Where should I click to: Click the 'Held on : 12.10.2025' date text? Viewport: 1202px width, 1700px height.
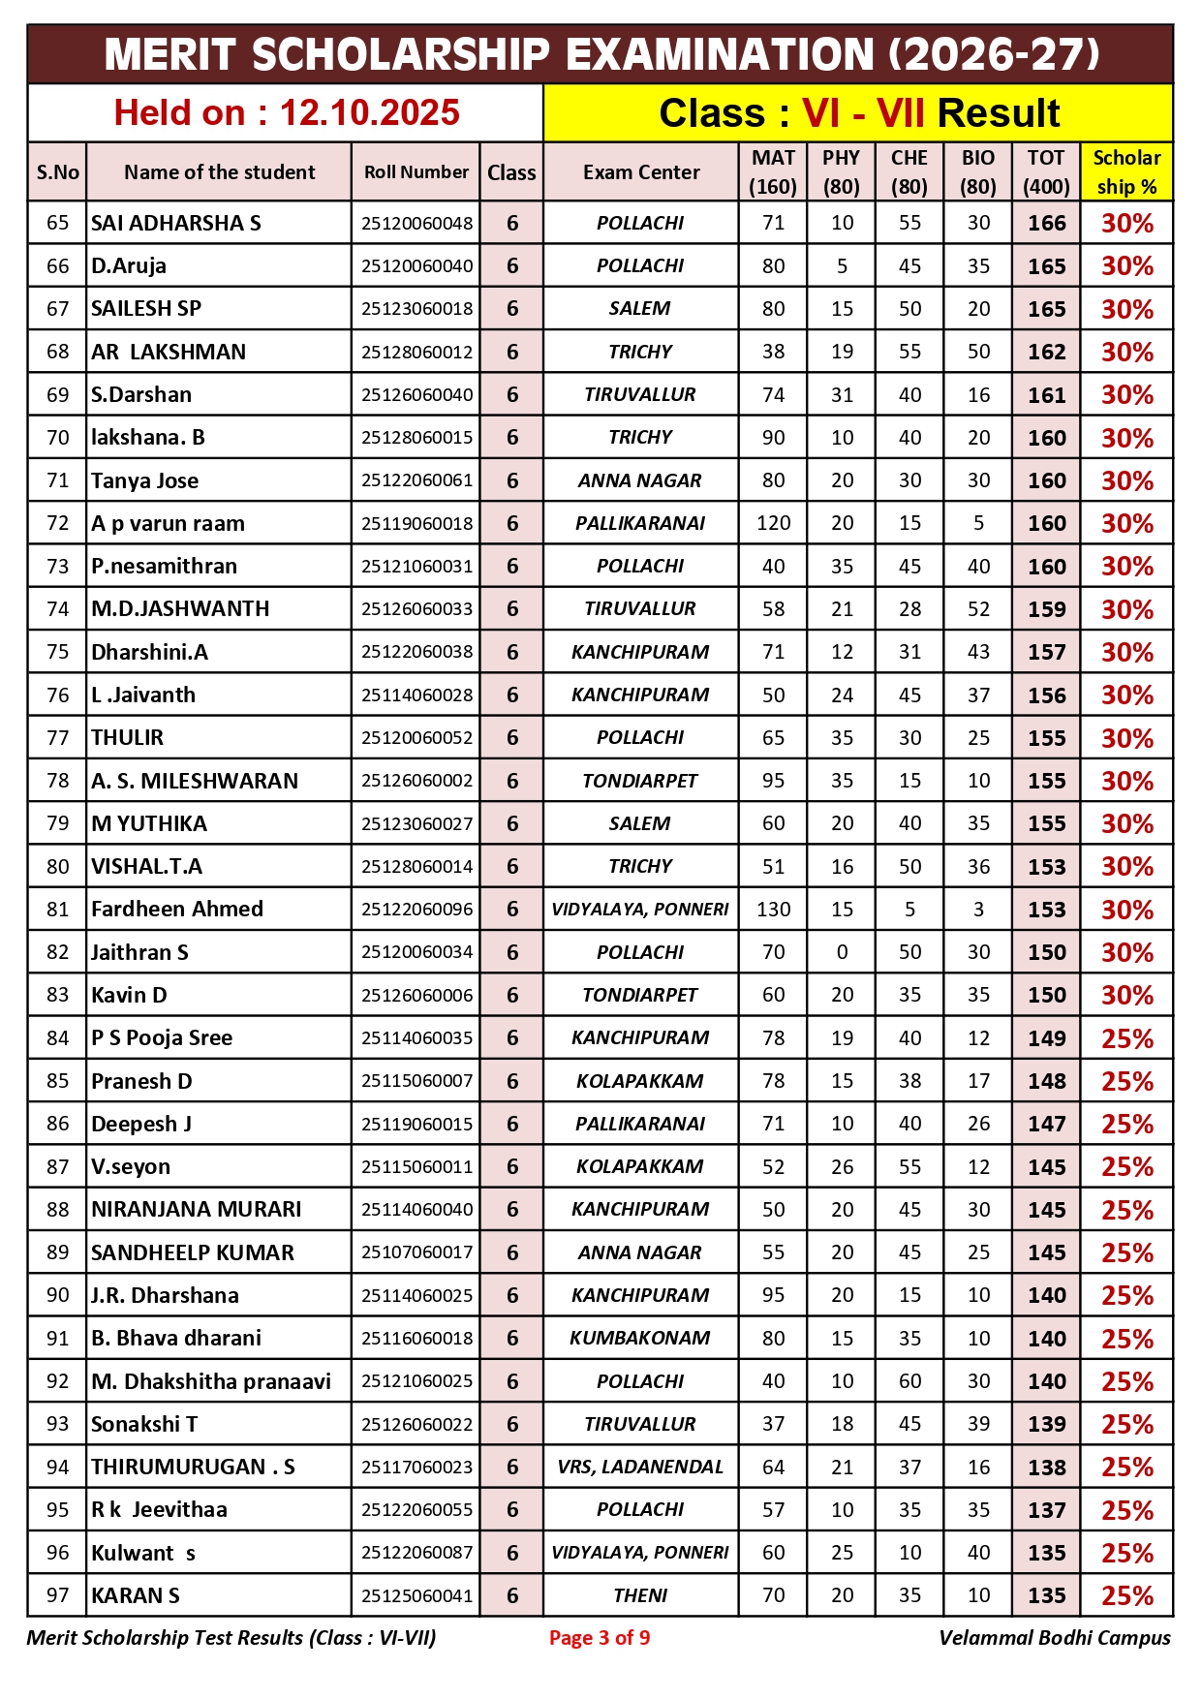coord(286,113)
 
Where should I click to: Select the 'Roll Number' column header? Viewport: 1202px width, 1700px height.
coord(416,172)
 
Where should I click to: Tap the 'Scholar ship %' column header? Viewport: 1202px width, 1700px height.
coord(1126,172)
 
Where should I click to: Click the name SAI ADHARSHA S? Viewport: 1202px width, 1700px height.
coord(176,223)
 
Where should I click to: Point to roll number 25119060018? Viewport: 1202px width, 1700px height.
coord(416,524)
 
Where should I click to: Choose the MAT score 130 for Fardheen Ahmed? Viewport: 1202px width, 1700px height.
coord(773,910)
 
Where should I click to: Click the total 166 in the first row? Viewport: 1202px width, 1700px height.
coord(1046,223)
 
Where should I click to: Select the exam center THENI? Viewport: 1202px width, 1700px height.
coord(640,1595)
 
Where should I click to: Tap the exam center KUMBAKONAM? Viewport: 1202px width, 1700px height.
coord(640,1338)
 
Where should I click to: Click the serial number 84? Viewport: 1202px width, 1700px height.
coord(58,1038)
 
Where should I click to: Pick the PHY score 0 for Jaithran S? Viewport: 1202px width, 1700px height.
coord(842,952)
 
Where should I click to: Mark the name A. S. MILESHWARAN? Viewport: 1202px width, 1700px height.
coord(195,781)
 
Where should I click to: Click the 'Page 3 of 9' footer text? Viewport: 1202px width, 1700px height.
coord(600,1638)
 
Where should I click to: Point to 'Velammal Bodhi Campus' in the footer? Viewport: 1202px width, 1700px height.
coord(1054,1638)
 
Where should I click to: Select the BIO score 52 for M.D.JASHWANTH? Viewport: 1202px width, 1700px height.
coord(978,609)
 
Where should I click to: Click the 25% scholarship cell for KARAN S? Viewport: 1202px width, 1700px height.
coord(1126,1595)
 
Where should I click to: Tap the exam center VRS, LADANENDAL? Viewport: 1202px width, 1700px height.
coord(640,1467)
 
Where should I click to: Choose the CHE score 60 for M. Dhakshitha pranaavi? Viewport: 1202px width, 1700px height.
coord(909,1381)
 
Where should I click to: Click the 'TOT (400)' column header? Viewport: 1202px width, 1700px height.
coord(1046,172)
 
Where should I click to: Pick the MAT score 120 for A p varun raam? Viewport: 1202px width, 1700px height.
coord(773,524)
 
